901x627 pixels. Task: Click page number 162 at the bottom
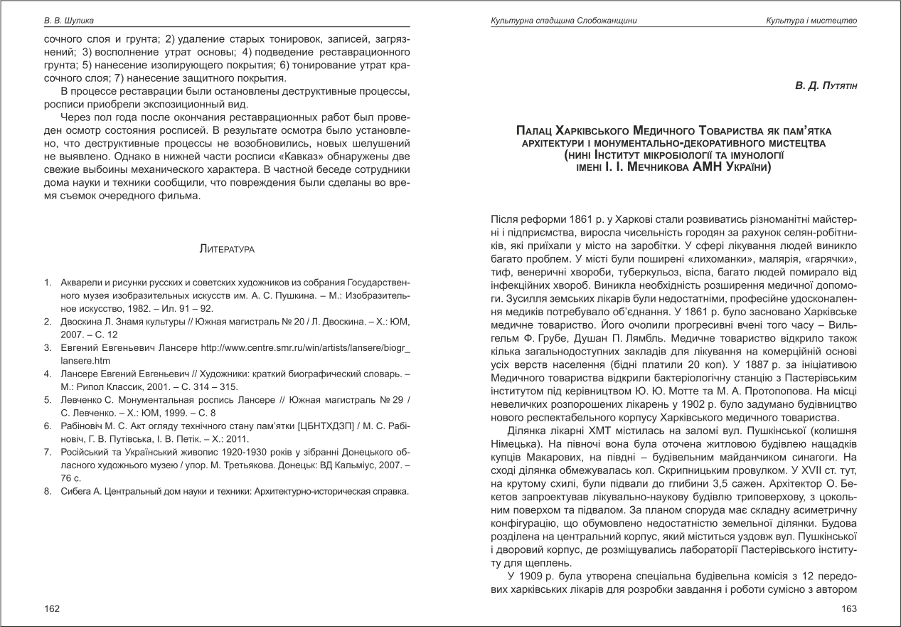pos(51,608)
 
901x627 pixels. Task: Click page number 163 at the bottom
pos(849,608)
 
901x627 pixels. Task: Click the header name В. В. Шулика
pos(69,21)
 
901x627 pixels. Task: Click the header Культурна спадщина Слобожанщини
pos(563,21)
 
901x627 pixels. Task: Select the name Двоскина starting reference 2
pos(80,322)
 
